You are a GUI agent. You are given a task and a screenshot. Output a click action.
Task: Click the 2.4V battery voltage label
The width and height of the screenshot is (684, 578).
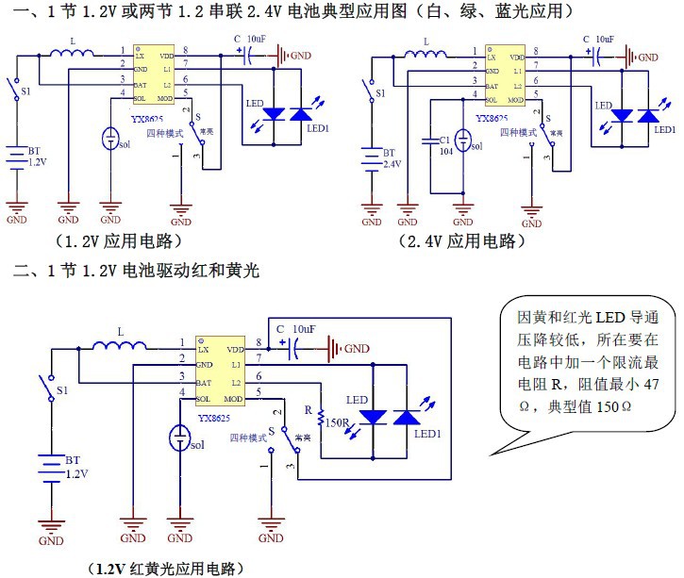(390, 162)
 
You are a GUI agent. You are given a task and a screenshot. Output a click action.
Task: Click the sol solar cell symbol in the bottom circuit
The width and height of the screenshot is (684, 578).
(179, 438)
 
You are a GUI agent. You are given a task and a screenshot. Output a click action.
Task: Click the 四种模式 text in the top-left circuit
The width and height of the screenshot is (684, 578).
(165, 135)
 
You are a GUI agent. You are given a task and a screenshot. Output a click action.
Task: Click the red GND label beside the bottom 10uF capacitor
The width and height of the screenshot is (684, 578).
(357, 349)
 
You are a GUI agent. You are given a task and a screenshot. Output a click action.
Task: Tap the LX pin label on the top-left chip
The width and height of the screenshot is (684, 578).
(141, 57)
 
